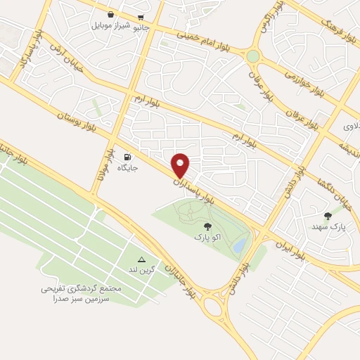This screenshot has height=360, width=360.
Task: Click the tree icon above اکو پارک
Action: click(x=207, y=226)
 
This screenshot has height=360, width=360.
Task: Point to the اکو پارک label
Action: click(x=207, y=238)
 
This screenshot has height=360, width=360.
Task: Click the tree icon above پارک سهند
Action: click(x=328, y=216)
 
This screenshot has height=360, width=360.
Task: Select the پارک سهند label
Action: click(x=328, y=227)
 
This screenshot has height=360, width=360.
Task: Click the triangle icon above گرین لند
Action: click(x=141, y=259)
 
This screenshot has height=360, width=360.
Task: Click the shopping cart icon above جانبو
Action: click(x=141, y=17)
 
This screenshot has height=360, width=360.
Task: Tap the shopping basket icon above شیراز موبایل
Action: click(x=111, y=15)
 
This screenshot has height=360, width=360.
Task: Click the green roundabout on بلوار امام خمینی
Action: click(x=252, y=56)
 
